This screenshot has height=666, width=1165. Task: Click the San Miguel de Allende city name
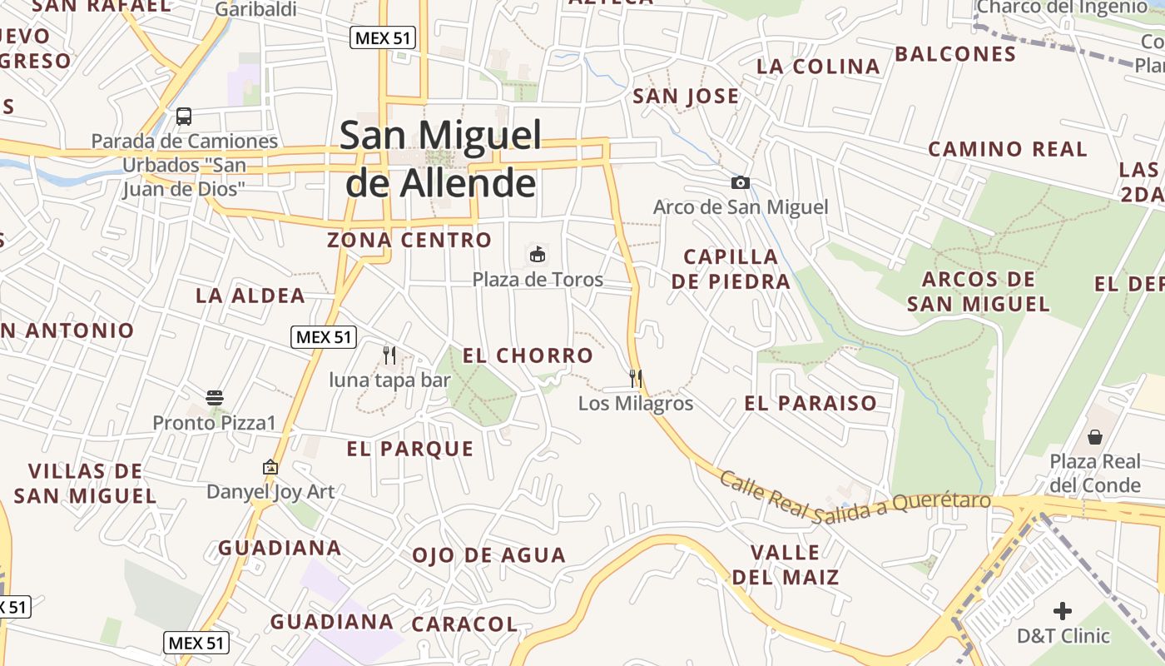click(x=441, y=158)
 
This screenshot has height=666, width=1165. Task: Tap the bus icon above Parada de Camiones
click(x=184, y=117)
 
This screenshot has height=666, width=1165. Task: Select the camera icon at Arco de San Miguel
click(x=740, y=182)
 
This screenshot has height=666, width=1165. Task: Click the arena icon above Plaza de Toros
click(x=538, y=254)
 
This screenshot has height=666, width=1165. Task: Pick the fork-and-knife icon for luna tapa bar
click(x=389, y=355)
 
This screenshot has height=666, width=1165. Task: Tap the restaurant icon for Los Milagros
click(x=636, y=379)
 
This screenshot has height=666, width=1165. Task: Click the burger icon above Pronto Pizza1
click(x=215, y=397)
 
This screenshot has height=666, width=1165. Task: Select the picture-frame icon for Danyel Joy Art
click(x=270, y=467)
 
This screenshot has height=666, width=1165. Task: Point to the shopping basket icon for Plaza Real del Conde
click(x=1095, y=437)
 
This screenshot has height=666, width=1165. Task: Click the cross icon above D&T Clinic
click(x=1063, y=611)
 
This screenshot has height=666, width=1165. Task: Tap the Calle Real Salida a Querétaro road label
click(x=855, y=498)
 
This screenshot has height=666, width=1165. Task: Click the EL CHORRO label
click(x=528, y=356)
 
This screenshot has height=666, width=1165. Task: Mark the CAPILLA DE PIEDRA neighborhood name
click(x=731, y=269)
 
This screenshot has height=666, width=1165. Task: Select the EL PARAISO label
click(x=810, y=404)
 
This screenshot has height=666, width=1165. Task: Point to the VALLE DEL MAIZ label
click(x=785, y=564)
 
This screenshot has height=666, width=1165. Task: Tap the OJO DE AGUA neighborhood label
click(x=488, y=555)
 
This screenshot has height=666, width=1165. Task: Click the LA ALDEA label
click(x=250, y=296)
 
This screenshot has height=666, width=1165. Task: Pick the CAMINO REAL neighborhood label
click(x=1007, y=150)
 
